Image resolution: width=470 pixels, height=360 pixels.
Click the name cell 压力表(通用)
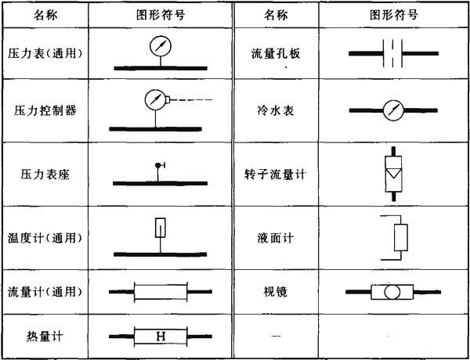click(45, 54)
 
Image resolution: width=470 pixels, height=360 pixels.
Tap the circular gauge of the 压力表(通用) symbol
click(161, 46)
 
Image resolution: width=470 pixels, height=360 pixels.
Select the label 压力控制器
click(45, 110)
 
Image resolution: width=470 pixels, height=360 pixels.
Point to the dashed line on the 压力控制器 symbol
click(191, 99)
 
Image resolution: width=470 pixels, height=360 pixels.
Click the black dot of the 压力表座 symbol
click(157, 165)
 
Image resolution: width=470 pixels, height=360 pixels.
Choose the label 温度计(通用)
click(45, 239)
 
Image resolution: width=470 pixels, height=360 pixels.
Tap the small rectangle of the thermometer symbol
click(161, 228)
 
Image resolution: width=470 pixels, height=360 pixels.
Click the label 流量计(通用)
click(45, 292)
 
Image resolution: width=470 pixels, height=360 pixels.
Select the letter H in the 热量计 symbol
click(161, 337)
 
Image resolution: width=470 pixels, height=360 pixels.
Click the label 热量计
click(45, 337)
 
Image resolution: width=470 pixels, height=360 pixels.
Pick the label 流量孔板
click(276, 54)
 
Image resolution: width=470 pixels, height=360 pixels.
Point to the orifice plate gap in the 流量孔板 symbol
click(392, 53)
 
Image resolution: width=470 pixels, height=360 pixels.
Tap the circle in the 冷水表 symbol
click(393, 110)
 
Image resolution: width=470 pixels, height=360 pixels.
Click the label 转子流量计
click(276, 175)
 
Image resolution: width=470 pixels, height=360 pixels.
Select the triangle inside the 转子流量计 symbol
click(393, 174)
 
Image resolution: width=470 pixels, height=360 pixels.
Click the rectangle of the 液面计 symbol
click(401, 237)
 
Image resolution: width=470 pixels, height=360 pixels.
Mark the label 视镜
click(276, 292)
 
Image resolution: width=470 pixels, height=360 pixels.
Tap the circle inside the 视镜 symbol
click(392, 292)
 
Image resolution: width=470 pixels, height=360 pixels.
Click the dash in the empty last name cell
click(275, 336)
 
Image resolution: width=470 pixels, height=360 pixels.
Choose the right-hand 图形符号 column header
click(394, 15)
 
